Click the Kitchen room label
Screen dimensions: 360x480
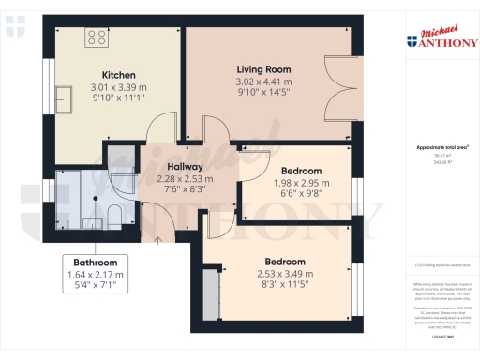click(x=119, y=75)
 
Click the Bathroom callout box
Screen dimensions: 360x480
click(x=95, y=275)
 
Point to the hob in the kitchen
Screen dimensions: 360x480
click(x=96, y=37)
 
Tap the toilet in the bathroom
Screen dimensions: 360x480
click(x=113, y=188)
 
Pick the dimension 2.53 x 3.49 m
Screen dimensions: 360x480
click(x=285, y=274)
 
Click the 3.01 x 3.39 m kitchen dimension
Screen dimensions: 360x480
click(x=119, y=87)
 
